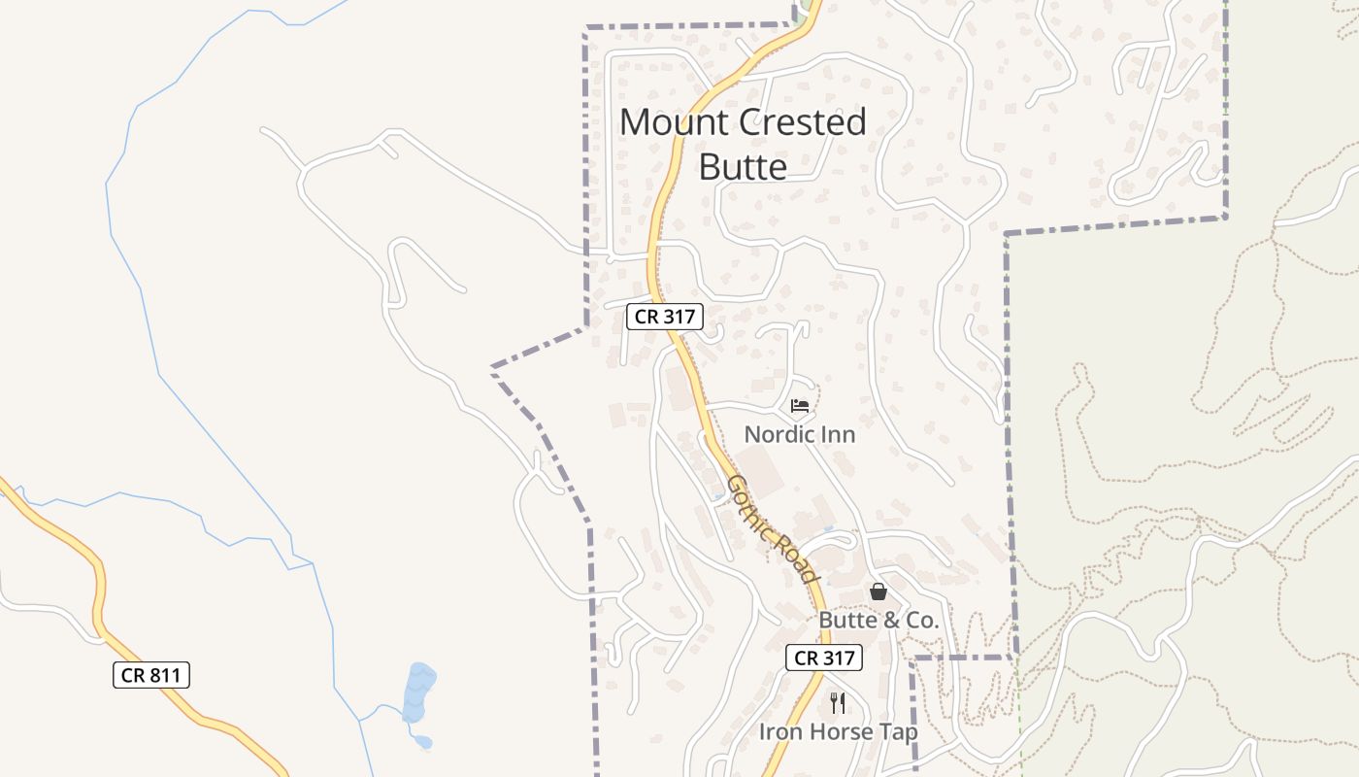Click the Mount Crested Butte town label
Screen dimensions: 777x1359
coord(743,144)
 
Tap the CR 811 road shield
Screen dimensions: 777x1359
coord(151,675)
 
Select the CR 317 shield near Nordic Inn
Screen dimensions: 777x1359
coord(664,317)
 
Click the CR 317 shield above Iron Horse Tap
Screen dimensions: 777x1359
coord(823,658)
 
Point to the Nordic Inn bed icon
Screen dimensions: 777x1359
coord(800,406)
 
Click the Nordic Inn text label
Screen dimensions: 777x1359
coord(800,434)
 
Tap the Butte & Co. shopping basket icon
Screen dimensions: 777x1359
coord(878,591)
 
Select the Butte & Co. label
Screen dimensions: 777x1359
coord(878,620)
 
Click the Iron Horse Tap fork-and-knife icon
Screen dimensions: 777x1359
coord(838,702)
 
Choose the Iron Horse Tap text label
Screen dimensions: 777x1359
coord(838,731)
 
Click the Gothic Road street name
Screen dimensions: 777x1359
coord(772,528)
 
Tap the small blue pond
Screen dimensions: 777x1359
coord(419,692)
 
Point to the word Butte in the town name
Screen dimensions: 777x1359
coord(743,167)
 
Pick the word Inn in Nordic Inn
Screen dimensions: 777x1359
coord(837,434)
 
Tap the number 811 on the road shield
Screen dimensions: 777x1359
coord(166,675)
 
